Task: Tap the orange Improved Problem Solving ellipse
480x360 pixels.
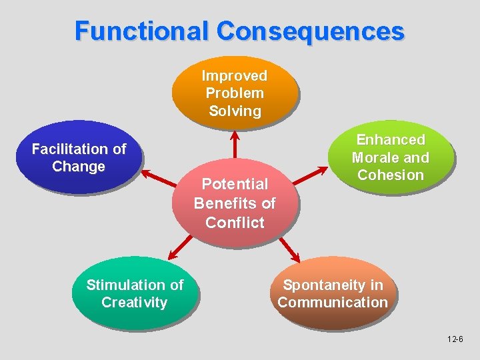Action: (x=235, y=93)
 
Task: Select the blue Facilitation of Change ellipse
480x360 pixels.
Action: (x=79, y=157)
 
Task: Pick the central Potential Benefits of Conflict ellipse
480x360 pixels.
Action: (x=235, y=203)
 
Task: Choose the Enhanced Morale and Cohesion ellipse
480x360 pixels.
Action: (x=390, y=157)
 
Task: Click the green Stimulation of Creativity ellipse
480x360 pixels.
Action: (x=135, y=293)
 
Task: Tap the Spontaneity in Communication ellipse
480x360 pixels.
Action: (x=333, y=293)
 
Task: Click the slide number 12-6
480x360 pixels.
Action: (x=456, y=340)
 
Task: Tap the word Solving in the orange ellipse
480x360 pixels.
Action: (x=235, y=111)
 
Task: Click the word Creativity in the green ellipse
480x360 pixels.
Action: (x=135, y=302)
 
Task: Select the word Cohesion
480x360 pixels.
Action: (x=391, y=175)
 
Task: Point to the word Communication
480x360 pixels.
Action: (x=333, y=302)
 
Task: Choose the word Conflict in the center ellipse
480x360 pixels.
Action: (x=235, y=223)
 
